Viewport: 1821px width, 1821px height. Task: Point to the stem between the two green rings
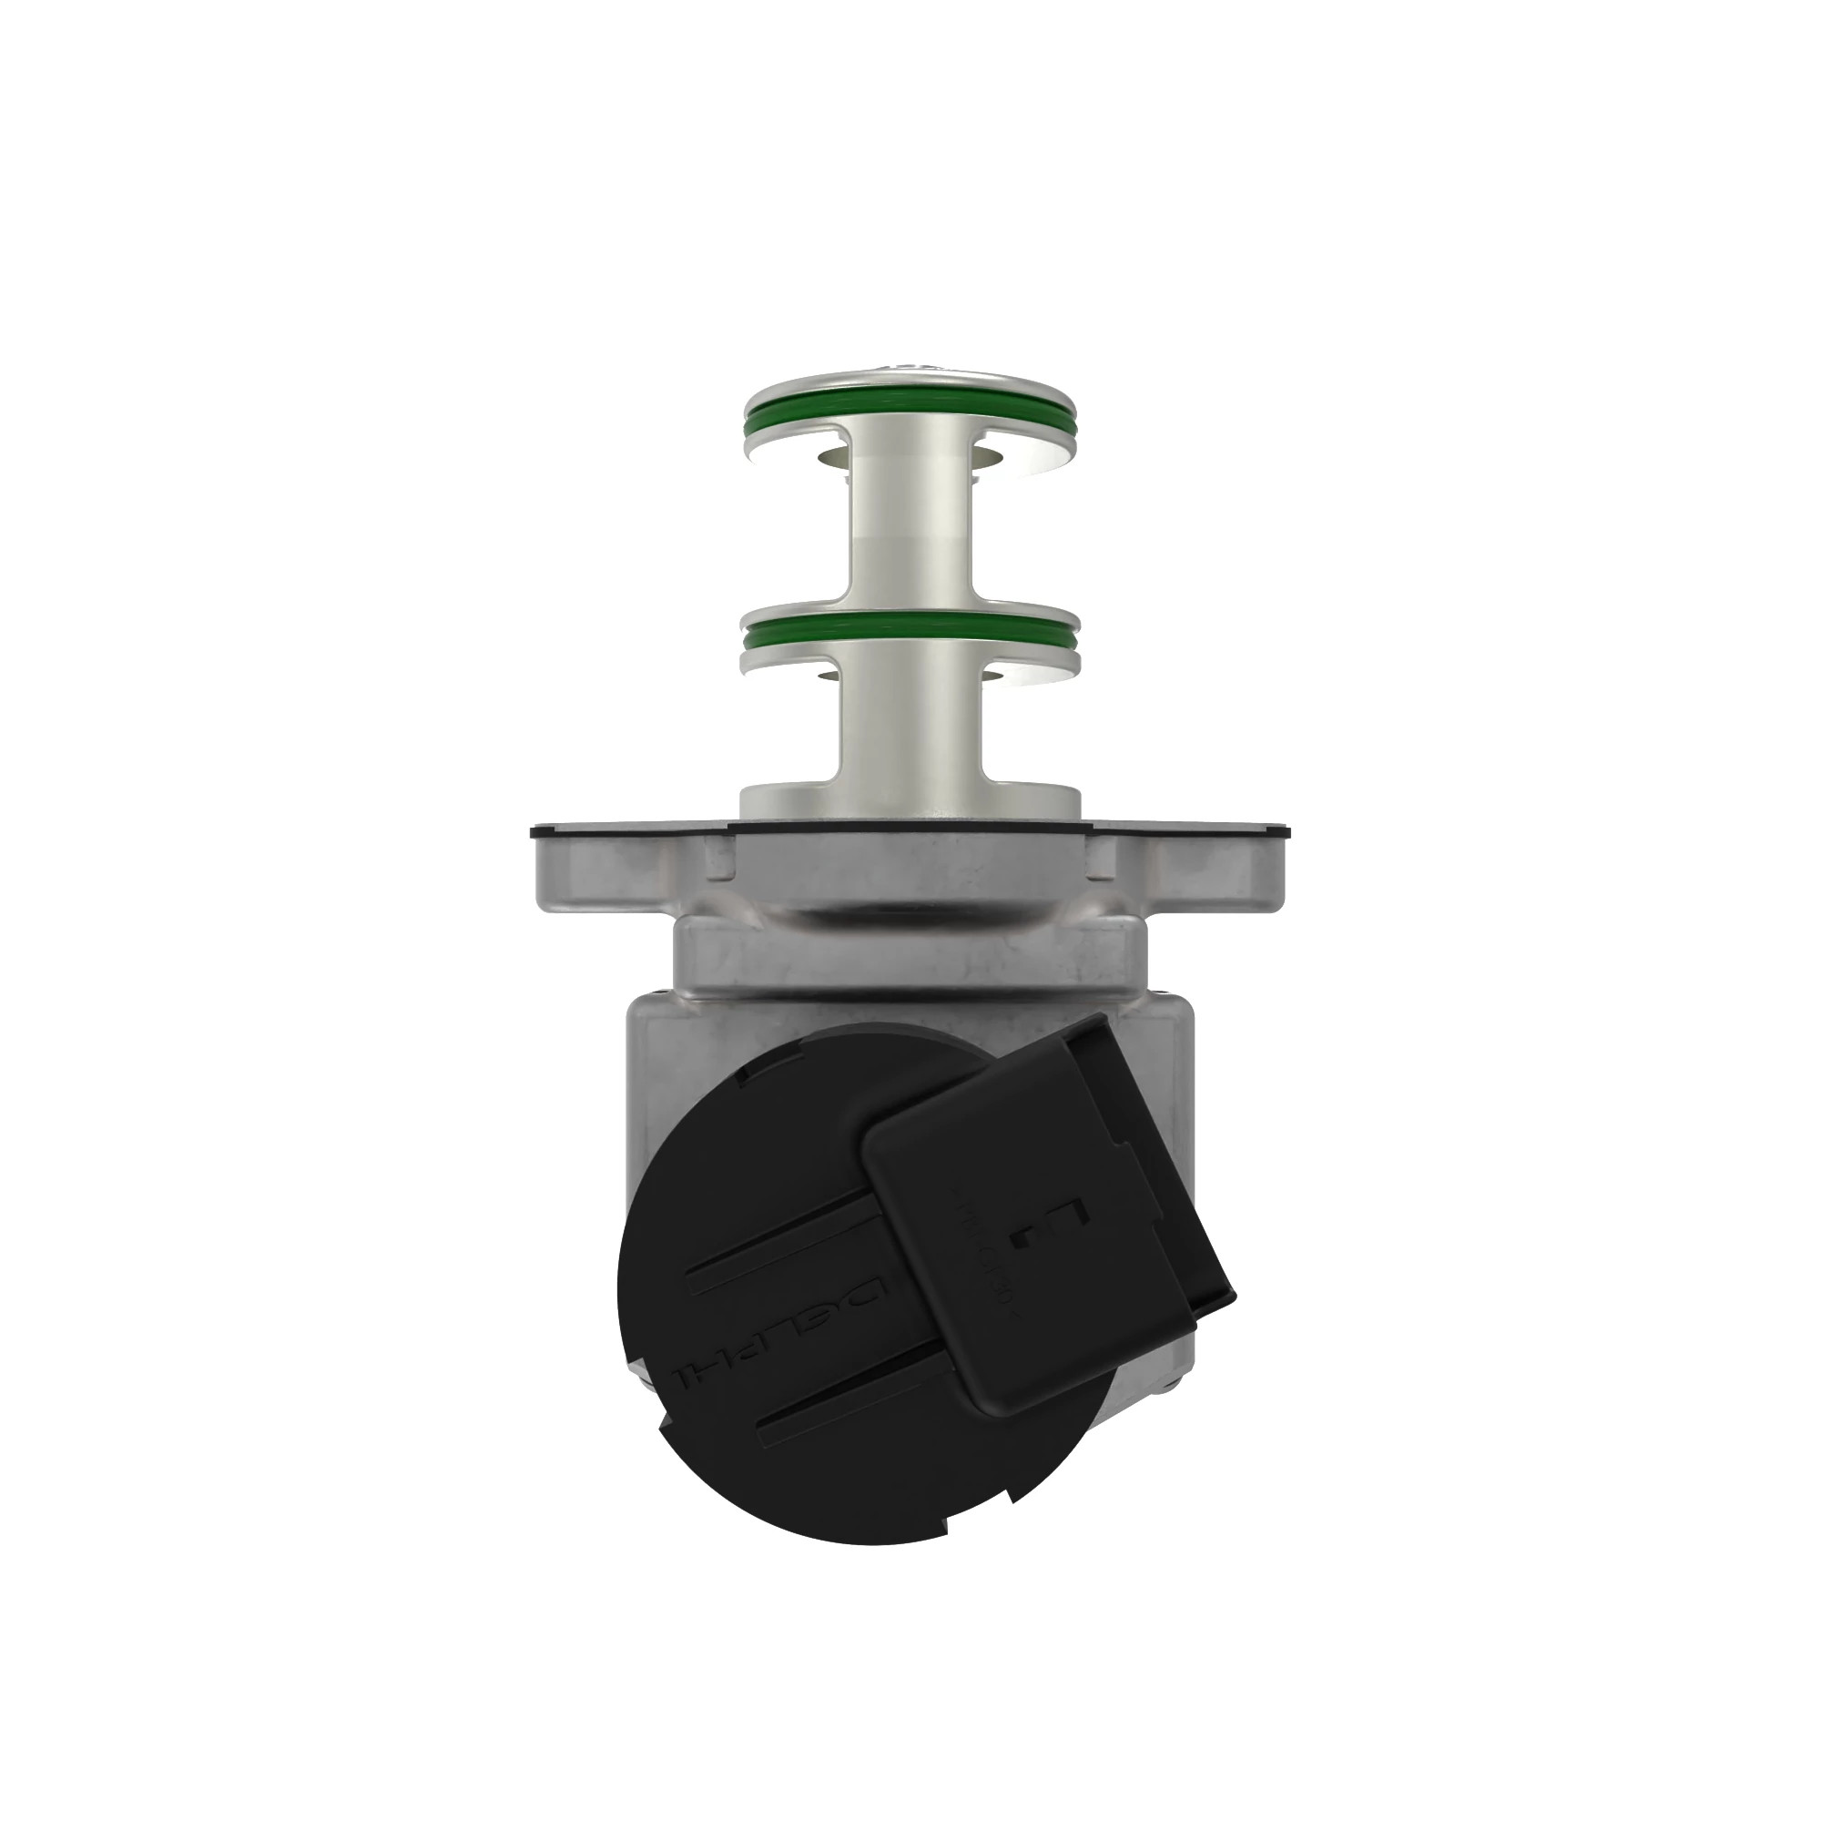pyautogui.click(x=909, y=528)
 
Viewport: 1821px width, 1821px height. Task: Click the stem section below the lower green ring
pyautogui.click(x=909, y=726)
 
